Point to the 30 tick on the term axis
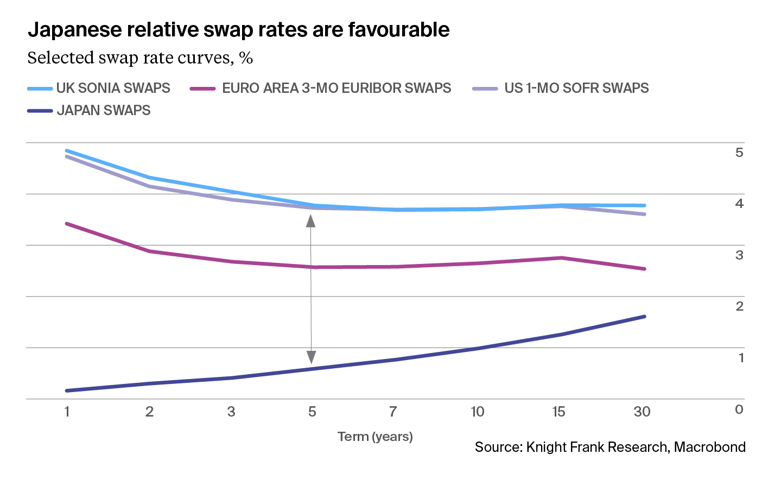click(x=642, y=412)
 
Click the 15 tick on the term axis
click(x=558, y=412)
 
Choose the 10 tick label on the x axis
click(x=477, y=412)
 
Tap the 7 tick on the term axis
click(x=393, y=412)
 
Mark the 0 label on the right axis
click(x=739, y=409)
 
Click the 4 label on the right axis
click(x=739, y=204)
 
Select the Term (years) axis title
click(x=375, y=437)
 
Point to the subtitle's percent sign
click(x=246, y=58)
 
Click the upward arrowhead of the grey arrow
click(x=311, y=220)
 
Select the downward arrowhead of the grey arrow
click(x=311, y=357)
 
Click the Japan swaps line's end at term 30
click(x=644, y=317)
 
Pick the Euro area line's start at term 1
click(x=67, y=224)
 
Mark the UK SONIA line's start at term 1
click(x=67, y=150)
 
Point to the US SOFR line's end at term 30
click(x=644, y=215)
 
